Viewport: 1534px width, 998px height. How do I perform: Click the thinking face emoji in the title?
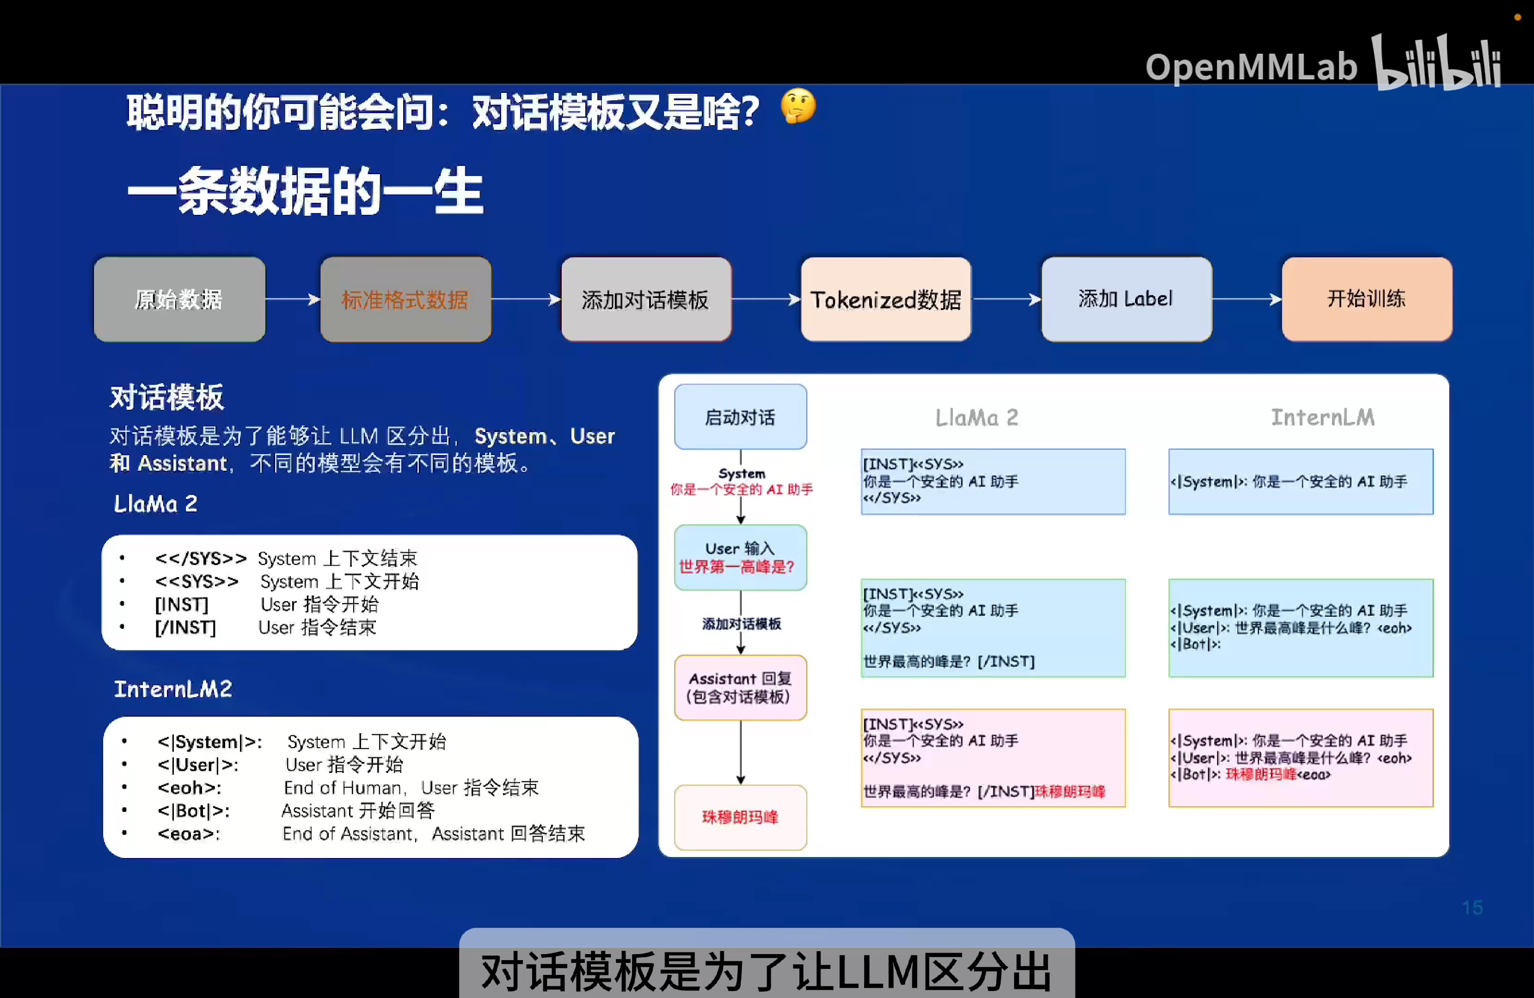tap(798, 106)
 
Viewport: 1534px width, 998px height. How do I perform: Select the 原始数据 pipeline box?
tap(179, 299)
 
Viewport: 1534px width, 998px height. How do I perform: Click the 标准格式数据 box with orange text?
tap(405, 299)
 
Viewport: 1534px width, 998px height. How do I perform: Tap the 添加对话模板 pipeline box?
tap(646, 299)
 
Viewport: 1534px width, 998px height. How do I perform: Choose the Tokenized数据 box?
tap(886, 299)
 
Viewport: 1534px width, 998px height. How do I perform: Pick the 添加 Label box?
tap(1126, 299)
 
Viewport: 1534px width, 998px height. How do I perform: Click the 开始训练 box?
tap(1367, 299)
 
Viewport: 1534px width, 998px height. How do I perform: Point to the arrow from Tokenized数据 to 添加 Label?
tap(1006, 299)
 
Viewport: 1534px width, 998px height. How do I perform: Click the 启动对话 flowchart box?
tap(740, 417)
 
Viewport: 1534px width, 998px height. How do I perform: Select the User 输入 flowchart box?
tap(740, 557)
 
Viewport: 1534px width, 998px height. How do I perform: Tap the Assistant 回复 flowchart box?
tap(740, 688)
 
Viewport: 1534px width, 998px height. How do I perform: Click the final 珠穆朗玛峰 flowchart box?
tap(740, 817)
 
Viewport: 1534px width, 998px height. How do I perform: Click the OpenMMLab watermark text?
tap(1251, 67)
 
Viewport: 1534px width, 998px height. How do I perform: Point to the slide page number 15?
tap(1472, 907)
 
